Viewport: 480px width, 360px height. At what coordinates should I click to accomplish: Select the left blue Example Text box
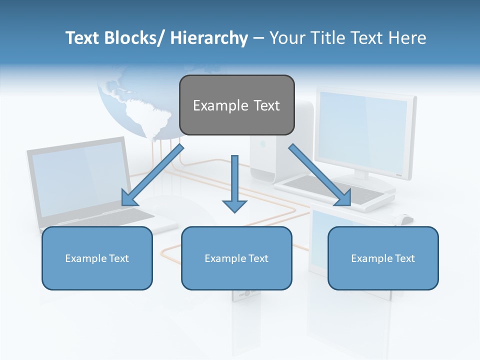[x=97, y=258]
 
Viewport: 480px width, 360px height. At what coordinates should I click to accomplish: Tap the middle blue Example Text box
[x=236, y=258]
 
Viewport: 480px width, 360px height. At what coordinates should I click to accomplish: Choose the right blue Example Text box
[x=383, y=258]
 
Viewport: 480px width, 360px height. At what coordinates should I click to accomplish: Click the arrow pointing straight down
[x=234, y=185]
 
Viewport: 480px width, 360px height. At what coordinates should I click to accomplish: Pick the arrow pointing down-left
[x=152, y=175]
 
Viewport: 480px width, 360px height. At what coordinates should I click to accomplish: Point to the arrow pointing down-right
[x=320, y=175]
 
